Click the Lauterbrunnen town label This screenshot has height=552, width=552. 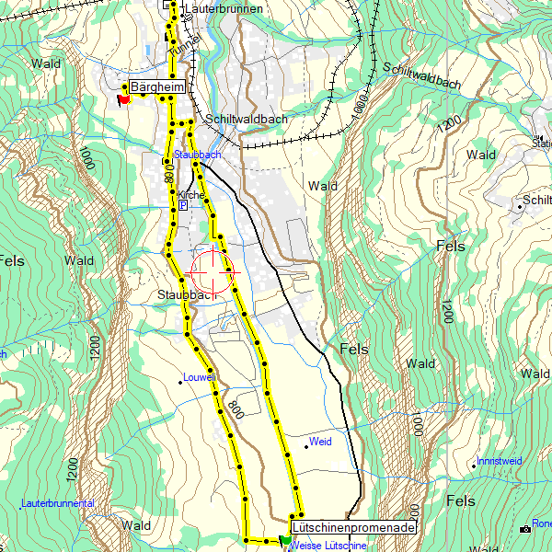click(x=224, y=8)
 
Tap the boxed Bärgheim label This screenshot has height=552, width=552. click(x=157, y=87)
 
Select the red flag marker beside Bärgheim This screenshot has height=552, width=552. click(x=124, y=98)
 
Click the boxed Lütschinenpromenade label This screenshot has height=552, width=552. click(x=353, y=528)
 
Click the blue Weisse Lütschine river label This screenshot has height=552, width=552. click(x=328, y=546)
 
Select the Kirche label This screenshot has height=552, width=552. click(x=191, y=195)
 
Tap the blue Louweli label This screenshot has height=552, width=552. click(x=199, y=377)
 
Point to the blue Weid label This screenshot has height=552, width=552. click(x=320, y=442)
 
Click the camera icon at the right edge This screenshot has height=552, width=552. click(x=525, y=529)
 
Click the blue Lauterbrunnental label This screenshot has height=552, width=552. click(x=57, y=504)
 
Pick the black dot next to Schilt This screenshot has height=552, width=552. click(x=520, y=207)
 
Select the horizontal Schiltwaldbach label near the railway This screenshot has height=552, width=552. click(x=247, y=119)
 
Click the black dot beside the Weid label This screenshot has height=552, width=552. click(x=306, y=447)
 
